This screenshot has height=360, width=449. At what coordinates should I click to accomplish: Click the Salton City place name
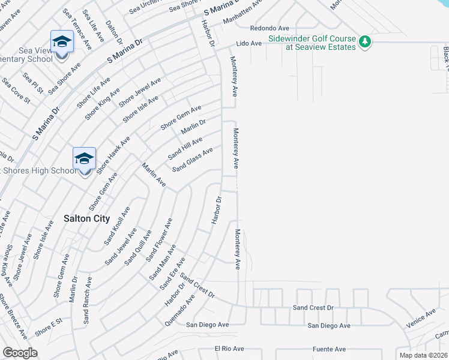(86, 219)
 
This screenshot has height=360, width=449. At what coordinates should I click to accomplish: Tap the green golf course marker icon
(365, 41)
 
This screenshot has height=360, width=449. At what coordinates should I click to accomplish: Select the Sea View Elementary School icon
(61, 42)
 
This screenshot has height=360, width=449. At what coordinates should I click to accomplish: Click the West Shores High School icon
(85, 159)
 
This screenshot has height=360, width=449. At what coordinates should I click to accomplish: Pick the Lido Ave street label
(249, 44)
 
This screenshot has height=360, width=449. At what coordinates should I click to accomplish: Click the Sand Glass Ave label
(193, 160)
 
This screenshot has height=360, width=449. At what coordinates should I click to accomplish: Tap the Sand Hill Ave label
(185, 148)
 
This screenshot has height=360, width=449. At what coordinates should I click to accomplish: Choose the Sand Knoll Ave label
(116, 226)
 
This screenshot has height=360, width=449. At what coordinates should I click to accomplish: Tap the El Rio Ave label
(229, 349)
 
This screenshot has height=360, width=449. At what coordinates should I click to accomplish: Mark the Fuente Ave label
(329, 349)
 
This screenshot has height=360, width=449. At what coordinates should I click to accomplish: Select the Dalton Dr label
(114, 31)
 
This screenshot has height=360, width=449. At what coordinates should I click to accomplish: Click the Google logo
(20, 353)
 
